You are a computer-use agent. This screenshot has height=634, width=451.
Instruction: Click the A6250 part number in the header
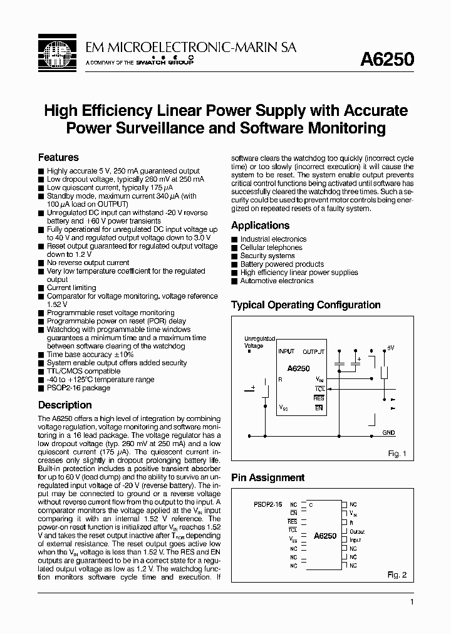tap(386, 59)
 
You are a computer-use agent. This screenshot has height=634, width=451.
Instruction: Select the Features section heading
tap(58, 157)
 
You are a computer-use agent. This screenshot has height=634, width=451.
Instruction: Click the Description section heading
tap(65, 405)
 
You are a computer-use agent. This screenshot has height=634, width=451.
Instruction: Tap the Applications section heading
tap(260, 226)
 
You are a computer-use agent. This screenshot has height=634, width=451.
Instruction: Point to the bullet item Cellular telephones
tap(271, 247)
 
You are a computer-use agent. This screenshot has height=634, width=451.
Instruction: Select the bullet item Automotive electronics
tap(276, 281)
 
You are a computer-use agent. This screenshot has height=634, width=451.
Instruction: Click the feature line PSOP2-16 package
tap(78, 388)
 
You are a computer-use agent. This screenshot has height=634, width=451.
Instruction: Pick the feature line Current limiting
tap(71, 288)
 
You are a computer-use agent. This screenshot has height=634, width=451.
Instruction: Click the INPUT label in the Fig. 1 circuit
tap(286, 351)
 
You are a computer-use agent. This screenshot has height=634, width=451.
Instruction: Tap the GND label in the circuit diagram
tap(388, 433)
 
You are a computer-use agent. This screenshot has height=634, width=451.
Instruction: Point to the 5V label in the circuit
tap(390, 347)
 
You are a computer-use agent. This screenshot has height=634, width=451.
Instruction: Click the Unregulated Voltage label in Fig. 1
tap(259, 342)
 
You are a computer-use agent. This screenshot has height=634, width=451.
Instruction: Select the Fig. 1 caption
tap(397, 454)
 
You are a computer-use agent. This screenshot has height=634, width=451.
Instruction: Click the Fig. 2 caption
tap(397, 574)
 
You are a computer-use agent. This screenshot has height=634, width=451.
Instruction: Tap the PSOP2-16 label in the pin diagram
tap(268, 504)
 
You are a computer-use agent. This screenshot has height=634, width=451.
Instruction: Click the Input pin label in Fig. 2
tap(355, 540)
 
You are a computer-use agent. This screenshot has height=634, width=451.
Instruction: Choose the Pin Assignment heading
tap(267, 478)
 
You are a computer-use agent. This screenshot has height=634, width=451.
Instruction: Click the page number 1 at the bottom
tap(411, 602)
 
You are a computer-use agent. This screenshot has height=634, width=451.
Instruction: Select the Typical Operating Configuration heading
tap(306, 305)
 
